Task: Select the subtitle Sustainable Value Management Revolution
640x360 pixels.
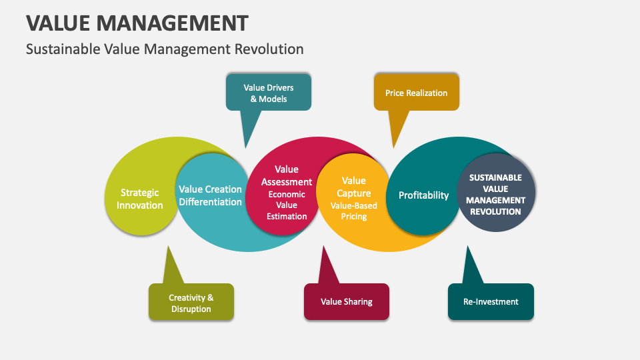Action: (x=165, y=49)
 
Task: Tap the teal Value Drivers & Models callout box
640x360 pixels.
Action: (x=269, y=93)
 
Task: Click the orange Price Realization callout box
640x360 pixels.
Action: (x=416, y=93)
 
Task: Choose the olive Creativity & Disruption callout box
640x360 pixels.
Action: (x=191, y=303)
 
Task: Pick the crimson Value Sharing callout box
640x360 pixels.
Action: (x=346, y=301)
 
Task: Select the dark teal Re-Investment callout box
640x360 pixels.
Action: (x=490, y=301)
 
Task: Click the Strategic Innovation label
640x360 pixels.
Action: (x=139, y=199)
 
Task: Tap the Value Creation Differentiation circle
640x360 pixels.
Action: (x=210, y=195)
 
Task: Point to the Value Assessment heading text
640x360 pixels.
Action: (x=287, y=175)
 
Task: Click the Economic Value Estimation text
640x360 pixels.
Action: (x=287, y=205)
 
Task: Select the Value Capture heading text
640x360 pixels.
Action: (x=353, y=187)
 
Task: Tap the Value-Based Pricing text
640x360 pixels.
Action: (x=353, y=211)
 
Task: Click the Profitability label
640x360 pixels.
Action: (x=423, y=195)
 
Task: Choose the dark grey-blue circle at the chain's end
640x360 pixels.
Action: (x=495, y=194)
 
